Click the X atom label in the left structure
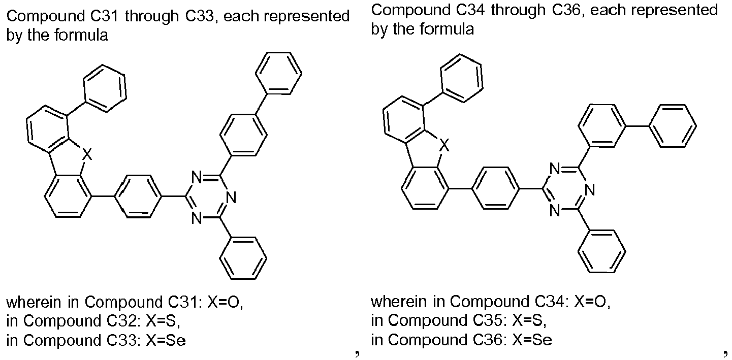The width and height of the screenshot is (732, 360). tap(87, 154)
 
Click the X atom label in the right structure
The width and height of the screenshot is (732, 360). tap(444, 145)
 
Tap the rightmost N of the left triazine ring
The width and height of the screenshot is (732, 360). tap(231, 198)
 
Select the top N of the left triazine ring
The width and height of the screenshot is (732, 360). tap(197, 177)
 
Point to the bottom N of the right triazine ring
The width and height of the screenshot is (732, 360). tap(555, 211)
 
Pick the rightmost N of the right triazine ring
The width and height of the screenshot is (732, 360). tap(590, 190)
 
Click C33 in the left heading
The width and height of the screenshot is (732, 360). tap(198, 16)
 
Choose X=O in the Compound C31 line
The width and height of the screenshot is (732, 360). tap(225, 302)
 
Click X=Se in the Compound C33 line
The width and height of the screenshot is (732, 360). tap(166, 340)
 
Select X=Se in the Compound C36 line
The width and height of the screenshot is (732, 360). tap(532, 340)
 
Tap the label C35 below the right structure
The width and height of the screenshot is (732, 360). tap(489, 320)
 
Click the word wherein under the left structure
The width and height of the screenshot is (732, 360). tap(34, 302)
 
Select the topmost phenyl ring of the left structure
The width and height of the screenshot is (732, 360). tap(278, 73)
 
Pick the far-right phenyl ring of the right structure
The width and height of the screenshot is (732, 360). tap(673, 126)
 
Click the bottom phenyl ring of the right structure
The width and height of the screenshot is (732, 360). tap(601, 251)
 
